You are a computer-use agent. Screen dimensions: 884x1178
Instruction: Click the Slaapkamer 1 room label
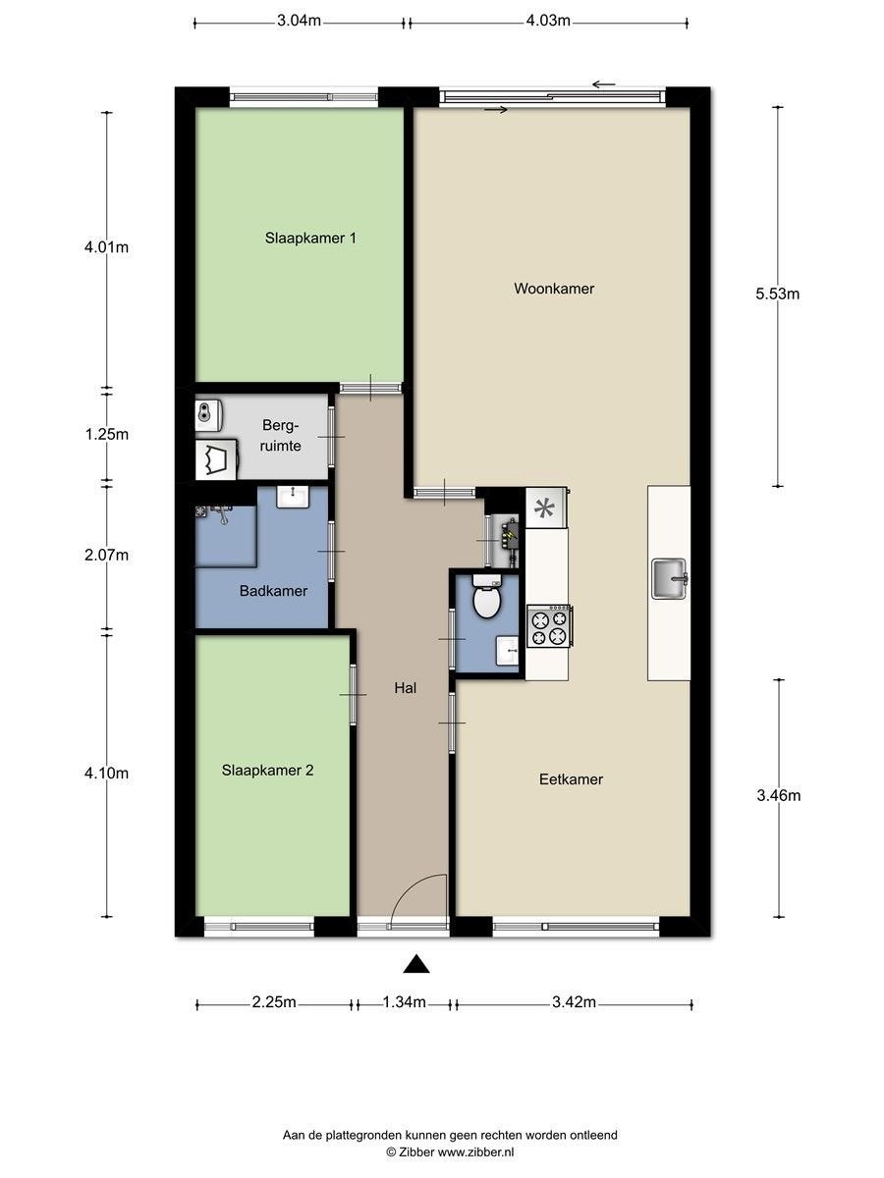tap(310, 238)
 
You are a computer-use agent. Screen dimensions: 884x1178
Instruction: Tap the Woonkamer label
tap(554, 289)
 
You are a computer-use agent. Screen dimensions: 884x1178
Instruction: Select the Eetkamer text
tap(571, 778)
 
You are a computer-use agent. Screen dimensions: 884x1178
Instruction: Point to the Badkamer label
tap(273, 591)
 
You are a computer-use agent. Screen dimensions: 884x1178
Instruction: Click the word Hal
tap(406, 688)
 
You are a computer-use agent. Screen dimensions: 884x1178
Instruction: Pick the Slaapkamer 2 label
tap(267, 771)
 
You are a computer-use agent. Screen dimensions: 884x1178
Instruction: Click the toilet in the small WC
tap(487, 596)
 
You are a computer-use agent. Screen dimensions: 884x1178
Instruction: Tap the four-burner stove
tap(549, 626)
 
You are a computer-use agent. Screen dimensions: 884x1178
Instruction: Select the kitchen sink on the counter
tap(669, 578)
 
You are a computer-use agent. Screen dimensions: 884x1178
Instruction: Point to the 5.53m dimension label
tap(777, 294)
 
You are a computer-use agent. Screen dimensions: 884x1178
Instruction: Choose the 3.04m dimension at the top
tap(299, 21)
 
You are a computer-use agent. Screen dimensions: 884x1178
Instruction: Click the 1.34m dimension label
tap(404, 1001)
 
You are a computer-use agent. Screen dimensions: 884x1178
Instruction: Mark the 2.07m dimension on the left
tap(106, 555)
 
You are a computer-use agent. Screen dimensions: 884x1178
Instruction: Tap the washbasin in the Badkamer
tap(293, 497)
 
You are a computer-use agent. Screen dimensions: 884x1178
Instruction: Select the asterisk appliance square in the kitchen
tap(546, 508)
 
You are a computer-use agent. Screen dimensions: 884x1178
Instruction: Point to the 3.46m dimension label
tap(778, 795)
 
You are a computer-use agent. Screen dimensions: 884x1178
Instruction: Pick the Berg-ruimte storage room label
tap(280, 435)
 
